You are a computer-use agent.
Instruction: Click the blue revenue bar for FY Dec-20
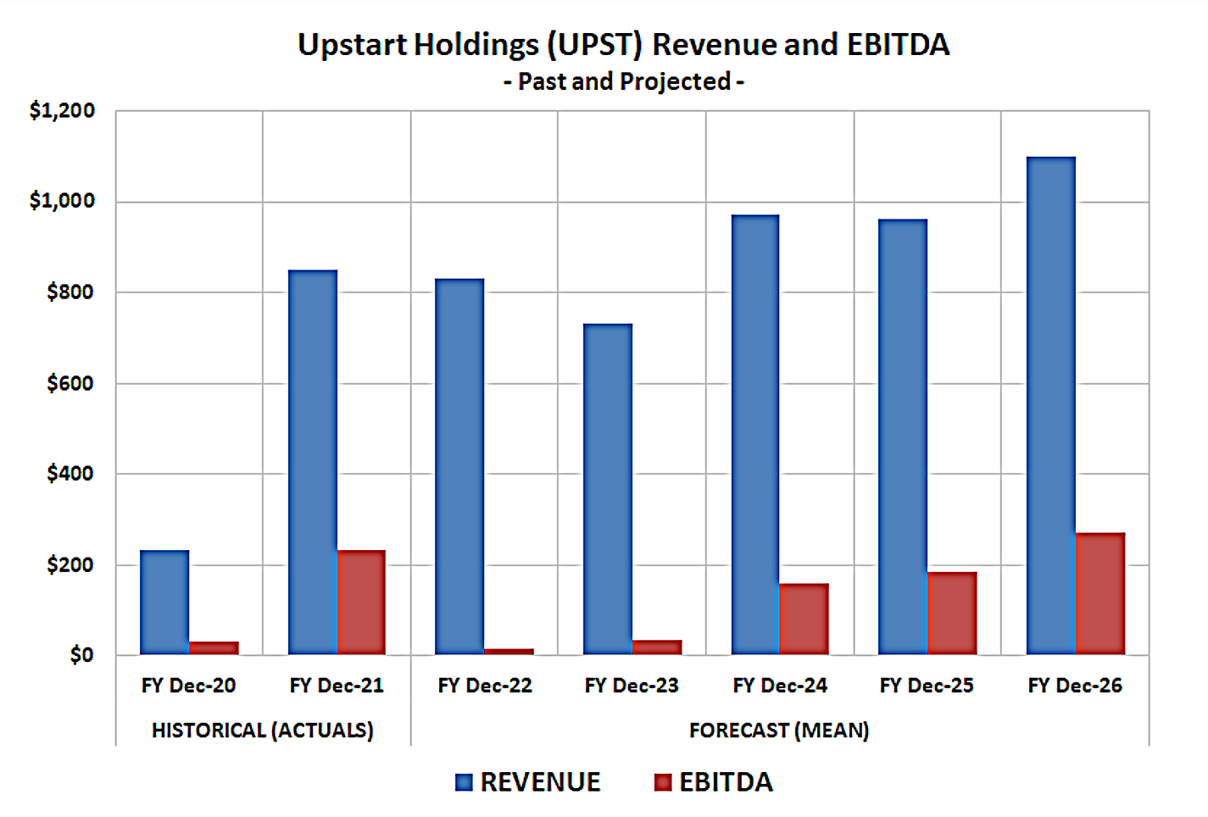pos(164,603)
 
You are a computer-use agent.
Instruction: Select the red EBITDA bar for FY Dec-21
pos(361,603)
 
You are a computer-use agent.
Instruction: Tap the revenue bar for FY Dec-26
pos(1051,406)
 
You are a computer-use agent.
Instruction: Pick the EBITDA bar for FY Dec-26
pos(1100,593)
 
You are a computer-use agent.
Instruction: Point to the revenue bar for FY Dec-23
pos(608,489)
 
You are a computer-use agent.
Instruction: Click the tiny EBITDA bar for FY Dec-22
pos(509,651)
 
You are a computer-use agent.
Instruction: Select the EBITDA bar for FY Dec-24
pos(804,619)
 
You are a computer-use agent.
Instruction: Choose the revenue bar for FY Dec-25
pos(903,437)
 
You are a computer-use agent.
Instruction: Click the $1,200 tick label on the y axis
pos(62,111)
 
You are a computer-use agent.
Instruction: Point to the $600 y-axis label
pos(70,384)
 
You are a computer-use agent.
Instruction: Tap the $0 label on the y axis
pos(81,655)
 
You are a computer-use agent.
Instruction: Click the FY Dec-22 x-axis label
pos(485,686)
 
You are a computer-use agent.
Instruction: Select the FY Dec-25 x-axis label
pos(927,686)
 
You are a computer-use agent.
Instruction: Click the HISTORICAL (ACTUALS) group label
pos(263,731)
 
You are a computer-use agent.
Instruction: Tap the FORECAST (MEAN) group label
pos(779,731)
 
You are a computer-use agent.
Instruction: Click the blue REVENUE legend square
pos(464,782)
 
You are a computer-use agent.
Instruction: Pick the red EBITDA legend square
pos(663,782)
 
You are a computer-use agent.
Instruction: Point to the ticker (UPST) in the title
pos(595,45)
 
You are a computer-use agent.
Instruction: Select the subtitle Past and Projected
pos(624,82)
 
